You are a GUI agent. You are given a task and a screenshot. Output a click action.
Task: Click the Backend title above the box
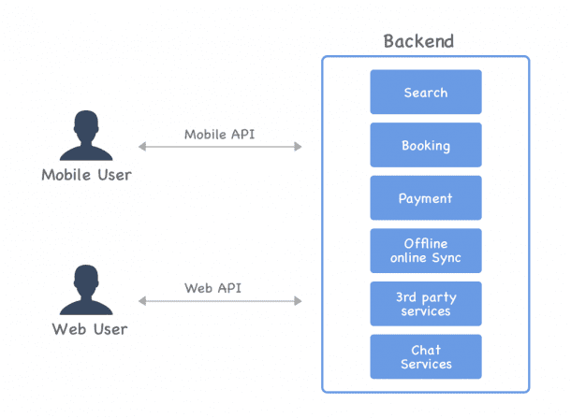coord(418,41)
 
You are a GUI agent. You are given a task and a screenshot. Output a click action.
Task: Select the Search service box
coord(426,93)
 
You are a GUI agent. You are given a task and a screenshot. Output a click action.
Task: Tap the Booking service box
coord(426,146)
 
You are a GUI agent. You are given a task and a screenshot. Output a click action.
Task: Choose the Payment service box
coord(426,198)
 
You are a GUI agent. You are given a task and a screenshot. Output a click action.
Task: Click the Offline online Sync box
coord(426,251)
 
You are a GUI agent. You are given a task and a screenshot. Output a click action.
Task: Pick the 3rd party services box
coord(426,304)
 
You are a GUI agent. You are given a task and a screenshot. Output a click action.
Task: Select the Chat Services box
coord(426,356)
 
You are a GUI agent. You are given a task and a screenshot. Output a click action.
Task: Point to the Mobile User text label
coord(86,175)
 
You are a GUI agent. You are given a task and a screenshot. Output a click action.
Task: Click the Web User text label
coord(90,329)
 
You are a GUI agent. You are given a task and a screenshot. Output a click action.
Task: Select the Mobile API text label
coord(220,134)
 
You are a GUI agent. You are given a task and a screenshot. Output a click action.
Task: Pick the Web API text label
coord(220,288)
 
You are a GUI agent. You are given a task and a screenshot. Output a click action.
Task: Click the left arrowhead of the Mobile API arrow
coord(142,147)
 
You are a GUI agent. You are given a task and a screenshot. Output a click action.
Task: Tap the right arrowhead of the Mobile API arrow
coord(299,147)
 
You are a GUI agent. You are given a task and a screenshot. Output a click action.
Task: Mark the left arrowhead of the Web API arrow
coord(142,301)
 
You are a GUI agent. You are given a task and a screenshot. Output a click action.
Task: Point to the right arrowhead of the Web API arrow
coord(299,301)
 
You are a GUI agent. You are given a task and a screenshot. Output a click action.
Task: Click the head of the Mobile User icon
coord(85,123)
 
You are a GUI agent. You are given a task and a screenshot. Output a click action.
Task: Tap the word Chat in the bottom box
coord(426,350)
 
